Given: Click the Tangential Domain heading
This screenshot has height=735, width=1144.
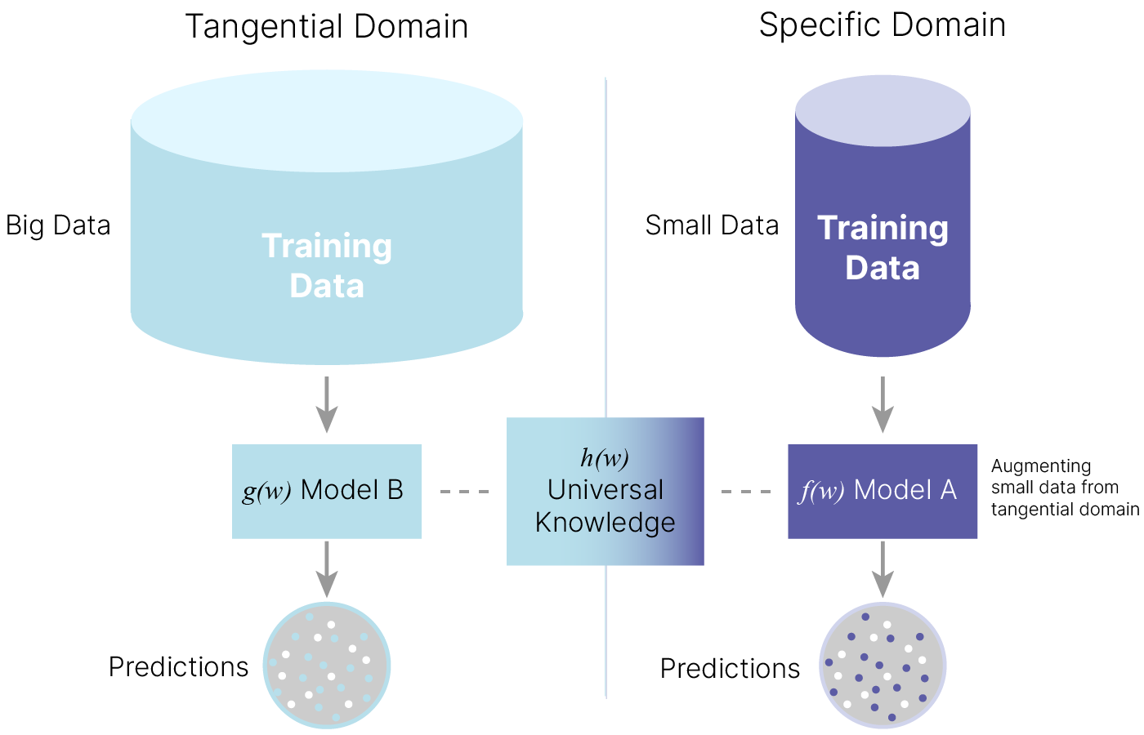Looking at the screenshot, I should (327, 26).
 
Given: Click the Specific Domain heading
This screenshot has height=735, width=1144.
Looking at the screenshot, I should (882, 24).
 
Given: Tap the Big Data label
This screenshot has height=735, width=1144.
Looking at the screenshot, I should (58, 225).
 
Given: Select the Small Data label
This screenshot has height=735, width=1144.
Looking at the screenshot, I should (712, 225).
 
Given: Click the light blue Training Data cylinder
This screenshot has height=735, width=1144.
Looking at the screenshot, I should (327, 245).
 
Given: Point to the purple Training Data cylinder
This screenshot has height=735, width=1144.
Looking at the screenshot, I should (883, 245).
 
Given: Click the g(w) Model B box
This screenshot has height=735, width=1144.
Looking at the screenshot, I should (327, 491).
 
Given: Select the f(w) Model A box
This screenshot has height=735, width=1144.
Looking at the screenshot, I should (883, 491).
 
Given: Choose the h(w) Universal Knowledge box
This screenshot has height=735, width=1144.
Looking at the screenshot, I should (605, 491).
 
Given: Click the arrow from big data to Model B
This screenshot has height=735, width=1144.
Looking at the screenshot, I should (327, 404).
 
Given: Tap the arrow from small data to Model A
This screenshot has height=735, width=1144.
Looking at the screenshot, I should (883, 404).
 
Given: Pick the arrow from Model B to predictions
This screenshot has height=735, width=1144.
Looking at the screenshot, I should (327, 569).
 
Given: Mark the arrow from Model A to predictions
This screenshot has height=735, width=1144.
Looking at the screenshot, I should (883, 569).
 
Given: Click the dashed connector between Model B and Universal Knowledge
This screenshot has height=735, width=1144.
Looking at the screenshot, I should (464, 492).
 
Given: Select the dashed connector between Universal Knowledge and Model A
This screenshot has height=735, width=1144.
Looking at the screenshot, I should (746, 492).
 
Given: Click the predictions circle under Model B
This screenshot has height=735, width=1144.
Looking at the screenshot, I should (327, 666).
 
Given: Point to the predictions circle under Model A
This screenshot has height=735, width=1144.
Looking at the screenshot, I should (883, 666).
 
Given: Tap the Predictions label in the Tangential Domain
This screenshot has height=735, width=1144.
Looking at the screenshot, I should (178, 667).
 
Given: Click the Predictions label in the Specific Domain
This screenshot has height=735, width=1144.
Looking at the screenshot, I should (730, 669).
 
